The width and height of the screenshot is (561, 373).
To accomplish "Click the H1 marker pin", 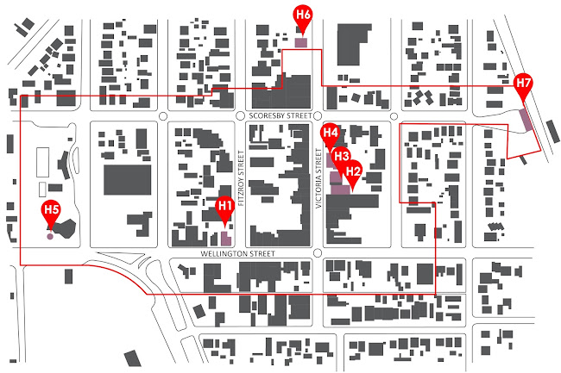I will pos(224,206).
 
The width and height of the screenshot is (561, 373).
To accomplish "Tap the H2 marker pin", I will pos(352,171).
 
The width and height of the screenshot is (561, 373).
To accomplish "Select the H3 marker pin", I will pos(342,156).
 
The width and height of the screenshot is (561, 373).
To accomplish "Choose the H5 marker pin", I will pos(52,210).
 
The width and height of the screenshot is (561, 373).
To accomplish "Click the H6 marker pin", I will pos(303,15).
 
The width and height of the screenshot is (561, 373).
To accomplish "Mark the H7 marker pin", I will pos(523,84).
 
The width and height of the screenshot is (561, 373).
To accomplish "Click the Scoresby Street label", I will pos(278,114).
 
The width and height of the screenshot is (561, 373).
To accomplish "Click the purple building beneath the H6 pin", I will pos(301,41).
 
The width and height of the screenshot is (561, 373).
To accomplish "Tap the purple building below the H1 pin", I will pos(227,239).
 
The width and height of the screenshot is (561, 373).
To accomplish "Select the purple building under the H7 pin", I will pos(526,120).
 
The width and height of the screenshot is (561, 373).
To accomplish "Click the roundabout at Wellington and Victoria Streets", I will pos(318,253).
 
